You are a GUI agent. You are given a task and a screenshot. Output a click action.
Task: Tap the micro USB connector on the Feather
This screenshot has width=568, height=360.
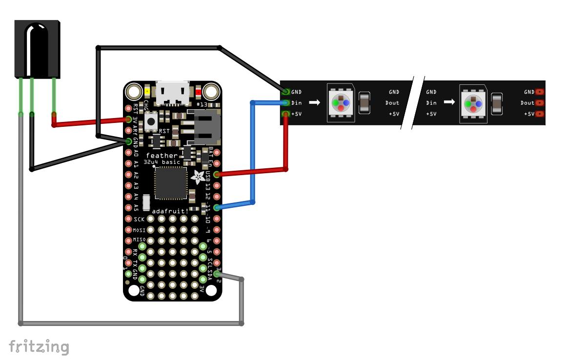(172, 93)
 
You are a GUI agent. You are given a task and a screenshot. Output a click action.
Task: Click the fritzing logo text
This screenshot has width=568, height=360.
(39, 346)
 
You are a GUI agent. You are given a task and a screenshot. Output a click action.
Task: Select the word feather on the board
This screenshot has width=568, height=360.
(162, 156)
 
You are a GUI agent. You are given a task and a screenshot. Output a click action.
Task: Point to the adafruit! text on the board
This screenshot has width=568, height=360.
(170, 211)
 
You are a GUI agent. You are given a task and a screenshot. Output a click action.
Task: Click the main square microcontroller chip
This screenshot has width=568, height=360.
(171, 183)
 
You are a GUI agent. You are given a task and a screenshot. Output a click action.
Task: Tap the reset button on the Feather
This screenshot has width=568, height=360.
(151, 120)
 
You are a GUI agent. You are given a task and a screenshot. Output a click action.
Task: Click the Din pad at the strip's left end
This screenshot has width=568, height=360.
(285, 103)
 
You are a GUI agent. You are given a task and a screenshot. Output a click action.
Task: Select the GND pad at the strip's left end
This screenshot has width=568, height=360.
(285, 92)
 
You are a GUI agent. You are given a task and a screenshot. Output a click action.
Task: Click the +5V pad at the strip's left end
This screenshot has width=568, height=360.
(285, 114)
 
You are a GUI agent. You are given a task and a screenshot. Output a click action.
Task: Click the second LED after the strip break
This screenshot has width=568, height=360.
(473, 103)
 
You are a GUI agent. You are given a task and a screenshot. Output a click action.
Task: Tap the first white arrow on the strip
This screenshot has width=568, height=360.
(315, 103)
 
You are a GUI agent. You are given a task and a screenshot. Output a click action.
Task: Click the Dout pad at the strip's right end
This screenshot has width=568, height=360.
(539, 103)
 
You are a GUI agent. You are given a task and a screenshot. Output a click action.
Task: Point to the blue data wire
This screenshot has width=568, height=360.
(253, 151)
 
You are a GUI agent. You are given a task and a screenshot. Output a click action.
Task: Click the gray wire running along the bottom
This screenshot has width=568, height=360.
(132, 323)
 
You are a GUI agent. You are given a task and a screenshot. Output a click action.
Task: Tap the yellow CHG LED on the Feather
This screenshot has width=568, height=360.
(147, 91)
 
